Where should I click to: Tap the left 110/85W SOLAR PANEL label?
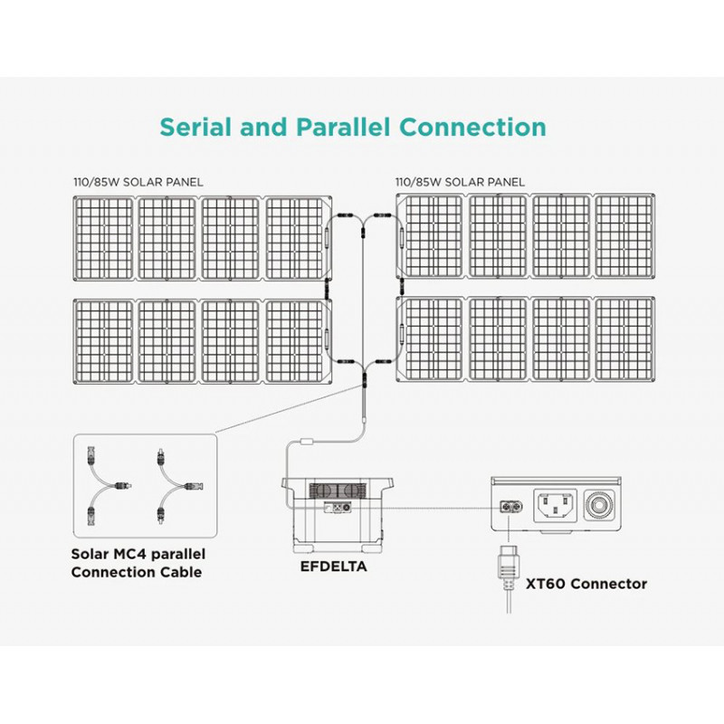[x=139, y=182]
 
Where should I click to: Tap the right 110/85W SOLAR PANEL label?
[x=460, y=182]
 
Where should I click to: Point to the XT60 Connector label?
[x=586, y=584]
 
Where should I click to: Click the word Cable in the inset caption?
[x=177, y=572]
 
